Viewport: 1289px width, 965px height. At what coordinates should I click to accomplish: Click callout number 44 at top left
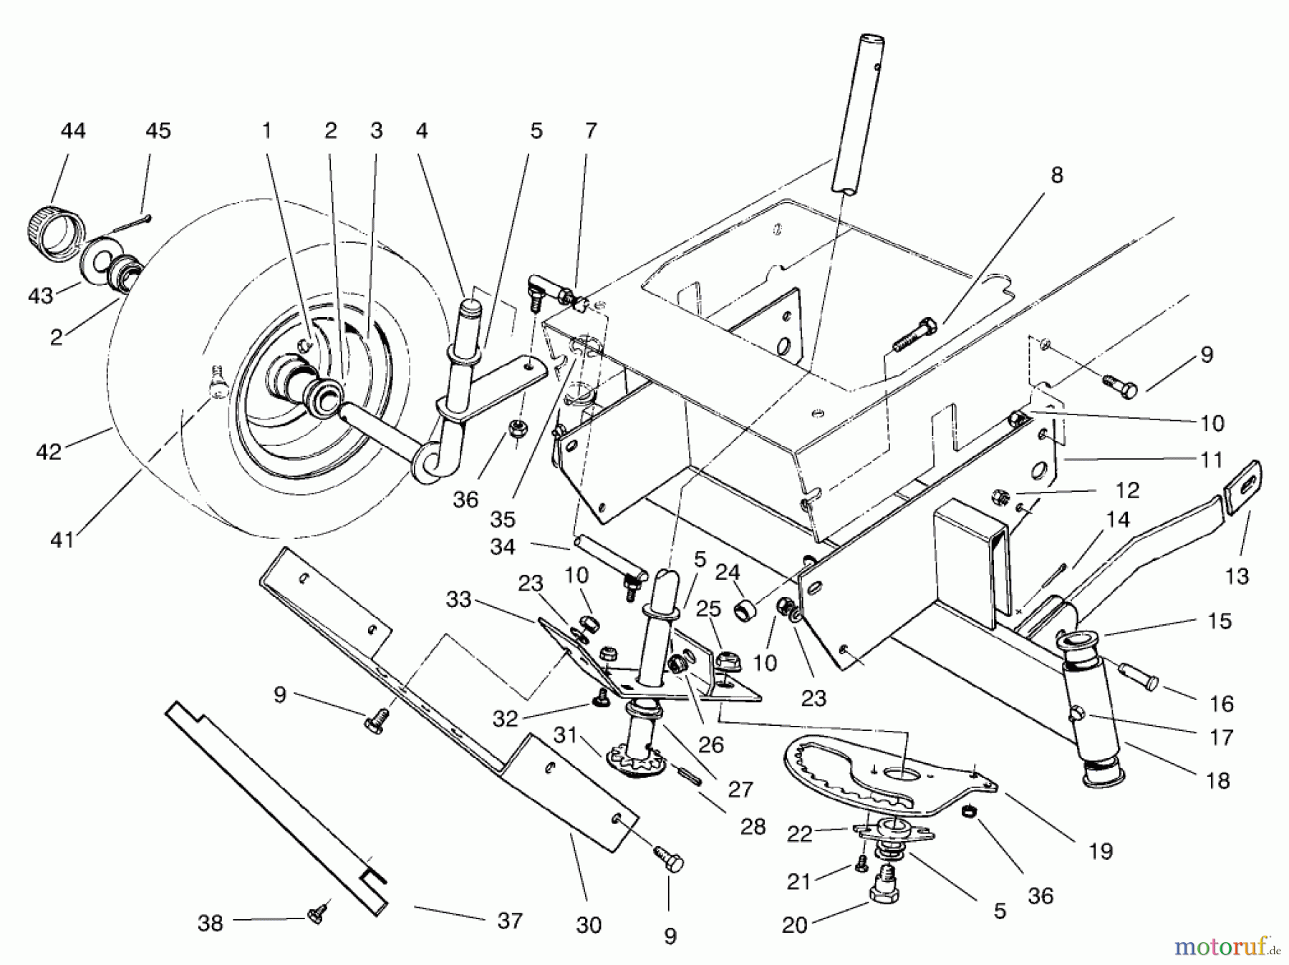(x=73, y=131)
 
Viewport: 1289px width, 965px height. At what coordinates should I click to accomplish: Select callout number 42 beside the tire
(x=49, y=452)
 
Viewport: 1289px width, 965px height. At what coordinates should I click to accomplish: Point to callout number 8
(x=1056, y=175)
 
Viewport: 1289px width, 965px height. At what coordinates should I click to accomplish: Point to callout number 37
(x=510, y=920)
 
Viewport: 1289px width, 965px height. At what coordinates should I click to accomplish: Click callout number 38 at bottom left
(x=211, y=923)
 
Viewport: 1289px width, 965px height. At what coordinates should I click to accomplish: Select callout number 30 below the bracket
(x=588, y=926)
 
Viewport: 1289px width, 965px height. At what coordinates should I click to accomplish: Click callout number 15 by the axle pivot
(x=1219, y=621)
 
